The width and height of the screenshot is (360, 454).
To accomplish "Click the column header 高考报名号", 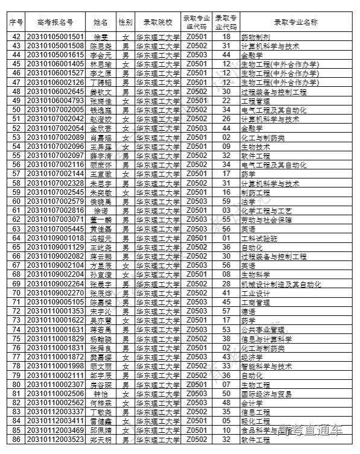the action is pyautogui.click(x=55, y=22).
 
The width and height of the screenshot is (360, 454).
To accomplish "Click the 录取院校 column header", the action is pyautogui.click(x=157, y=22).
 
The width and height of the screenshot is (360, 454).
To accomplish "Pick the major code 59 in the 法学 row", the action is pyautogui.click(x=227, y=201).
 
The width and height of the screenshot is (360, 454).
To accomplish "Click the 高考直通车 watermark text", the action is pyautogui.click(x=310, y=430).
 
